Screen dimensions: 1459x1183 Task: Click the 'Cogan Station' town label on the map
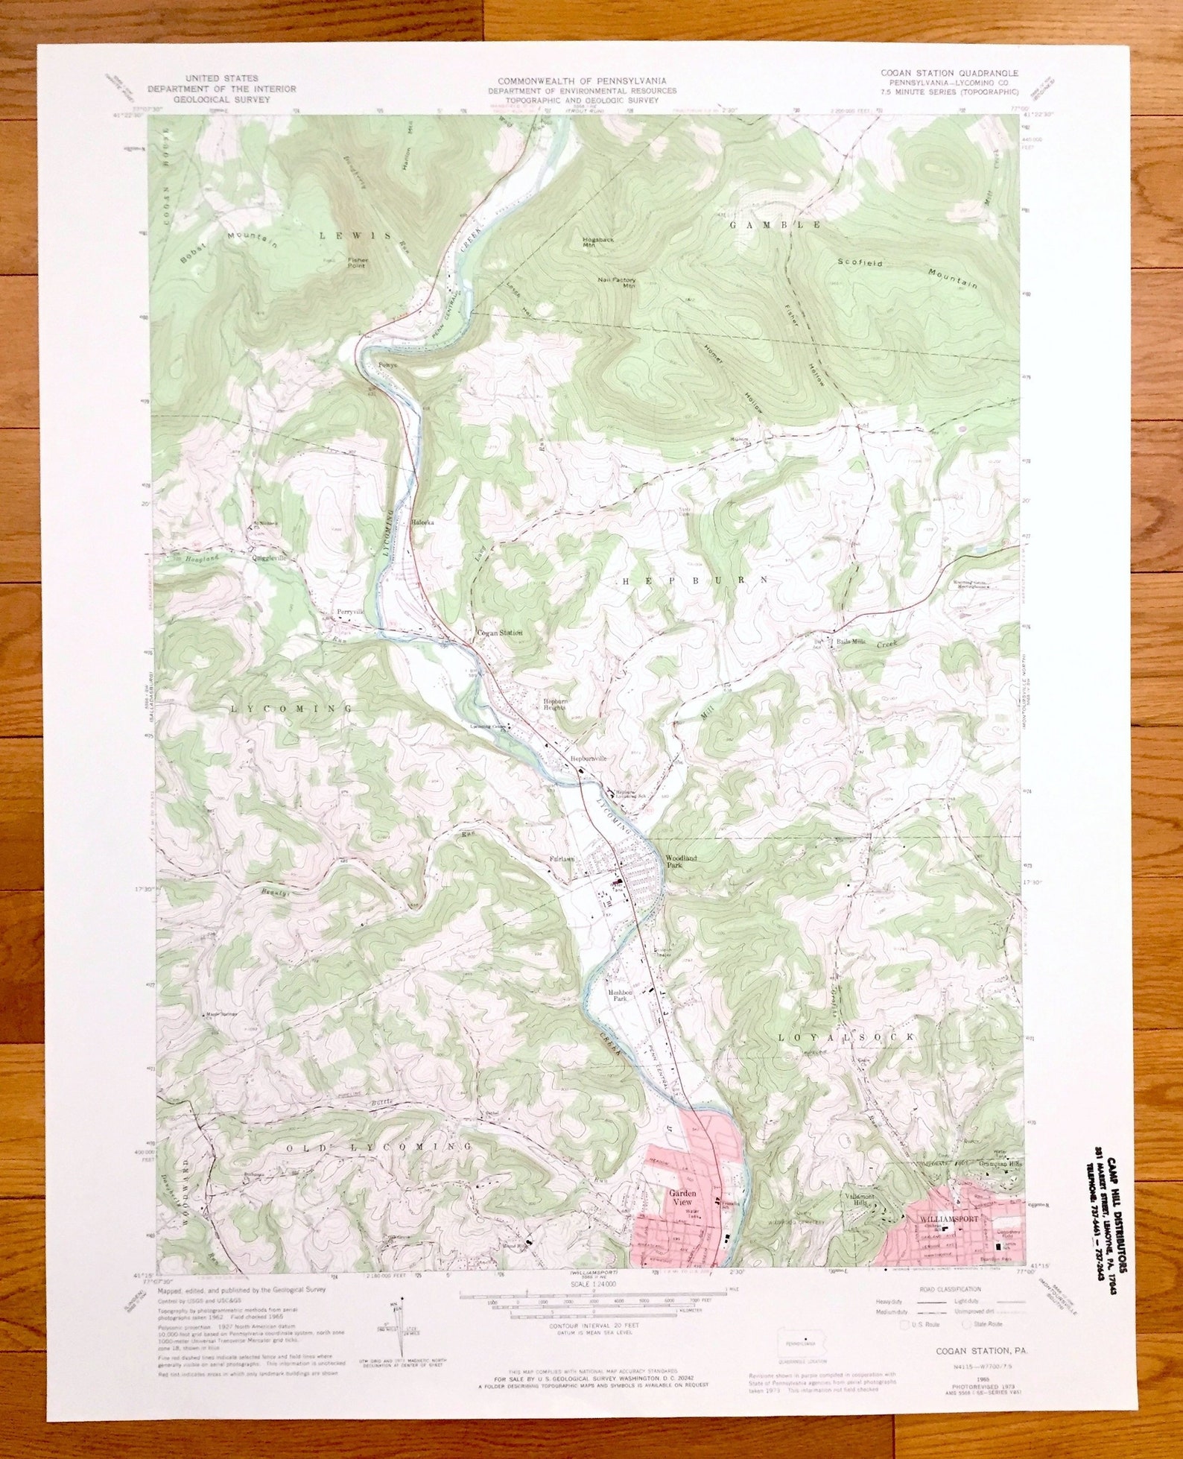499,633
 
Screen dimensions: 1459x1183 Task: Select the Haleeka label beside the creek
422,522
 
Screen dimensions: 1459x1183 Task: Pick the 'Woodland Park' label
681,862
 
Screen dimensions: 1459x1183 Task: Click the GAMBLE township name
775,224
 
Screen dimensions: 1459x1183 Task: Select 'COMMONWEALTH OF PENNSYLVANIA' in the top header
582,80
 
